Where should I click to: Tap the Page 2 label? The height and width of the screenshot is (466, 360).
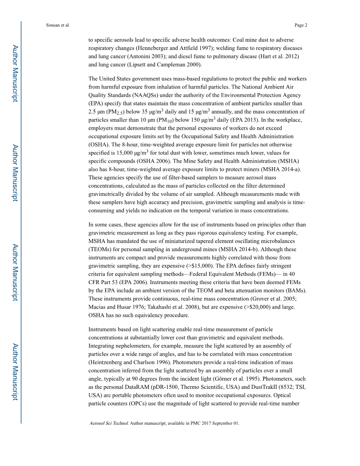click(x=301, y=25)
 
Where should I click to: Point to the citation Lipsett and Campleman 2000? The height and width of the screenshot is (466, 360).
click(x=161, y=65)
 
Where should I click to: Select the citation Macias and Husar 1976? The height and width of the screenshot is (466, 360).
click(x=119, y=307)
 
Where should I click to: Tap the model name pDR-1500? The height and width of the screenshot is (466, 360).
click(x=168, y=387)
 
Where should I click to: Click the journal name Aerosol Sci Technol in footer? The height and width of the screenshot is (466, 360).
click(x=109, y=423)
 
